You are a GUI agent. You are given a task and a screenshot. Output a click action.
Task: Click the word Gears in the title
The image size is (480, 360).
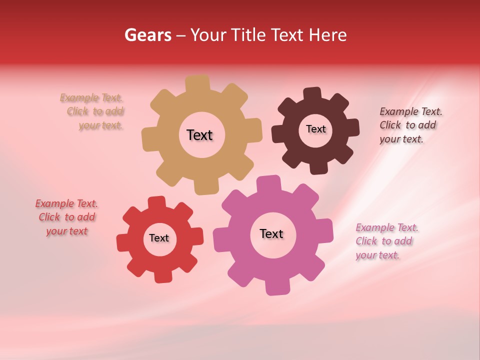pos(147,35)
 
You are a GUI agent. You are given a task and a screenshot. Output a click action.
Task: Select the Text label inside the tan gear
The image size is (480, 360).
pos(199,135)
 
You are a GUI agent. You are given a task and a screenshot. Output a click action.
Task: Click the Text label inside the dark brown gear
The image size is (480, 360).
pos(315,129)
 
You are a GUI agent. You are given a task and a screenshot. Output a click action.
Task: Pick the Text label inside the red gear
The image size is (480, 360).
pos(158,238)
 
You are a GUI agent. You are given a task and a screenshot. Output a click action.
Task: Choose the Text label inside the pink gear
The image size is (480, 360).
pos(271,233)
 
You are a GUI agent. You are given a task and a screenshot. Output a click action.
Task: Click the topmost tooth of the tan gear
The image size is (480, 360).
pos(198,83)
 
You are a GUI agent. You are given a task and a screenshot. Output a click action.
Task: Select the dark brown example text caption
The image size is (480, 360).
pos(410,125)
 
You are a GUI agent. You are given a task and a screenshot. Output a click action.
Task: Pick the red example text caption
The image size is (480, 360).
pos(66,217)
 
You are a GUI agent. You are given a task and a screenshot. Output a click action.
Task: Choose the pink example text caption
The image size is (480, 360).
pos(387,241)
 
